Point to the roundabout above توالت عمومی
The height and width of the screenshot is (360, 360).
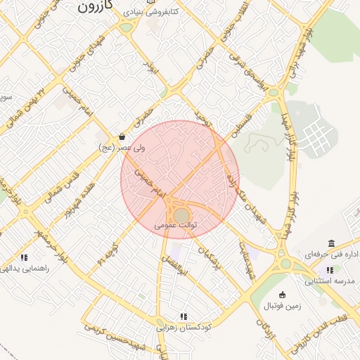181,214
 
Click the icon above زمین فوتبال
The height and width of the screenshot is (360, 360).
283,295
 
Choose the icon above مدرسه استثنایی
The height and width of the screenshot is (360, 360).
328,269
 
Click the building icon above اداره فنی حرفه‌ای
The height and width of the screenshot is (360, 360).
331,243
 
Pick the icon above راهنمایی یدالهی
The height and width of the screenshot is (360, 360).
25,257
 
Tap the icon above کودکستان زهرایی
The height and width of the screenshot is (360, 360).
184,317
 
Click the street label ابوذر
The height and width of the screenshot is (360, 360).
148,67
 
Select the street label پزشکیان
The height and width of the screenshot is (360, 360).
210,257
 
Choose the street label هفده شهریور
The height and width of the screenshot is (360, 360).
77,201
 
